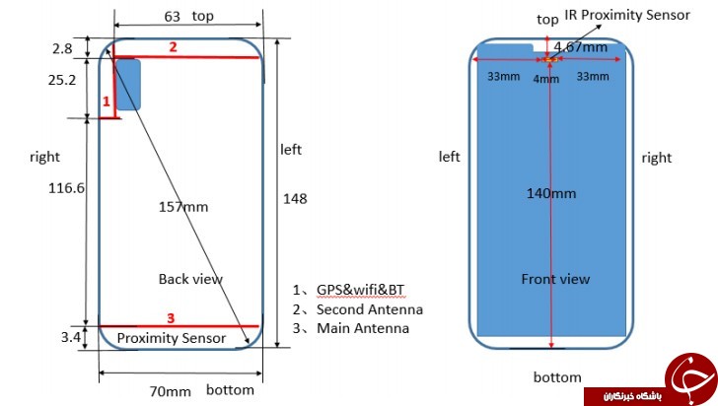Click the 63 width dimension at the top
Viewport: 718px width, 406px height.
click(173, 17)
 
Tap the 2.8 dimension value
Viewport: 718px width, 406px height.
click(62, 48)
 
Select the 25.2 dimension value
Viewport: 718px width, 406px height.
click(62, 80)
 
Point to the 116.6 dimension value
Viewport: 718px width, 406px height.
click(67, 187)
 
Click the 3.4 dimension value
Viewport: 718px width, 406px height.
click(71, 337)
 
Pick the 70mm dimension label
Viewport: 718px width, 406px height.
click(170, 391)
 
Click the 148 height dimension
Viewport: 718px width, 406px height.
click(295, 199)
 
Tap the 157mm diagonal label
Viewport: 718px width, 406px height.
click(183, 207)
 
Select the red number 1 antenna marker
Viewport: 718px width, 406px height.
click(107, 101)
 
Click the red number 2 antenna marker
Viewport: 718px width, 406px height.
click(173, 47)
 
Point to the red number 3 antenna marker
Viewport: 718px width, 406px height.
click(171, 318)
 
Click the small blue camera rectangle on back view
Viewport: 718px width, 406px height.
click(128, 85)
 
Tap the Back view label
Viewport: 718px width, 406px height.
click(190, 279)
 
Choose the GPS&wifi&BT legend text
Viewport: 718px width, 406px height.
click(360, 290)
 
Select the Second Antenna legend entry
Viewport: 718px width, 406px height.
click(370, 309)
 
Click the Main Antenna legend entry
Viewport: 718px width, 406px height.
click(363, 328)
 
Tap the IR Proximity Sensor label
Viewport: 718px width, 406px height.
click(627, 15)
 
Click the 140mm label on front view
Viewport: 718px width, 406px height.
click(551, 193)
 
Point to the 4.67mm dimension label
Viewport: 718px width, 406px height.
click(581, 46)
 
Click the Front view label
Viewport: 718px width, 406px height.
click(555, 279)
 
